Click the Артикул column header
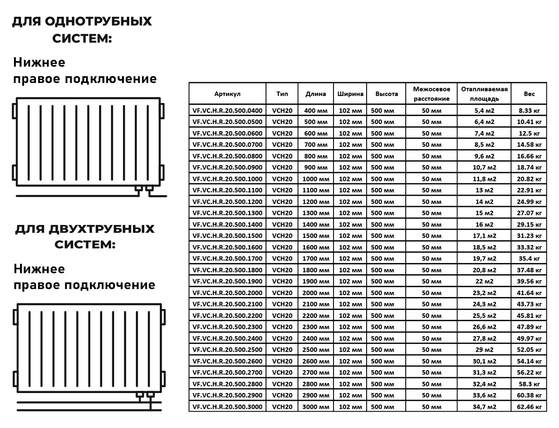click(227, 94)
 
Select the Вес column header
click(529, 94)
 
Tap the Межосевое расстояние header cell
click(431, 94)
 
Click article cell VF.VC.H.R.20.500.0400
click(227, 110)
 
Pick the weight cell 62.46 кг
click(529, 407)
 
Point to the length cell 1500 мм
click(316, 236)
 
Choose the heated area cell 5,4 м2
click(484, 110)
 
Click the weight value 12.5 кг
click(529, 133)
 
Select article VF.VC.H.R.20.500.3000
click(227, 407)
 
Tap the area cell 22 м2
click(484, 282)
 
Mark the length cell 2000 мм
click(316, 293)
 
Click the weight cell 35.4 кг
click(529, 259)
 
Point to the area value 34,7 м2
click(484, 407)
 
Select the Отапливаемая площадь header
click(484, 94)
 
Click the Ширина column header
click(350, 94)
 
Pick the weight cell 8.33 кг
click(529, 110)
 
